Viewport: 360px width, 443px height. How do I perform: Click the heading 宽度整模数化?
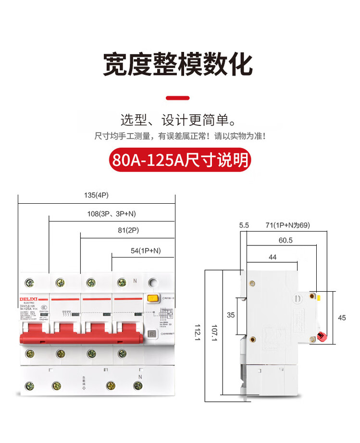tap(178, 64)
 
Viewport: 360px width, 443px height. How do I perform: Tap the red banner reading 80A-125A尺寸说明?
tap(180, 160)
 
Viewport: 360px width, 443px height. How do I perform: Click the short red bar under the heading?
tap(178, 98)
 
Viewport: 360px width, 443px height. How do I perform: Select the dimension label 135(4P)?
tap(96, 196)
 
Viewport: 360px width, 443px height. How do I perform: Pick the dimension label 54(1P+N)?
tap(146, 250)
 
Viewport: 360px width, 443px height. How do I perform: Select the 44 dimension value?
tap(273, 257)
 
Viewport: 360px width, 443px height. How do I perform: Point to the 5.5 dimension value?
tap(244, 225)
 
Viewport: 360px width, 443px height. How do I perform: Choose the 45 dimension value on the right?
tap(342, 317)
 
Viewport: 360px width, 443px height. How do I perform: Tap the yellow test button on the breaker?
tap(152, 298)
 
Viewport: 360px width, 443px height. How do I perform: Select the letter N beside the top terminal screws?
tap(135, 281)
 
